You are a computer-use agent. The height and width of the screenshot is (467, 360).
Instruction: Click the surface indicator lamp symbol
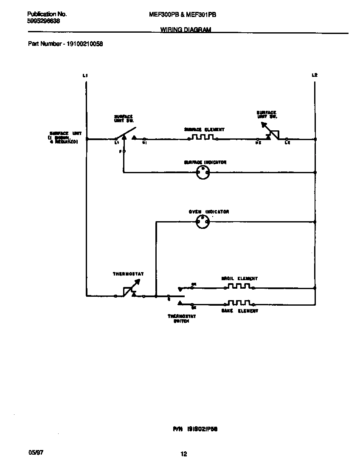pos(202,172)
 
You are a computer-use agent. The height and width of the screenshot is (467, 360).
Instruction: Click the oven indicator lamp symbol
pos(202,221)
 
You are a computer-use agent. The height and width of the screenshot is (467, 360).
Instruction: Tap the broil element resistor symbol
pos(239,287)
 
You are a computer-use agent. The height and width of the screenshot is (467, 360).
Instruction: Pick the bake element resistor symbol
pos(239,303)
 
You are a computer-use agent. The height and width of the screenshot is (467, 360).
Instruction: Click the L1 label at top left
pos(85,75)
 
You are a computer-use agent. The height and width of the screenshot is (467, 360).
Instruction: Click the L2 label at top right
pos(314,75)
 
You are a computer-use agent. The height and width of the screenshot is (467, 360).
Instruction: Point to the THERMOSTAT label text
pos(128,274)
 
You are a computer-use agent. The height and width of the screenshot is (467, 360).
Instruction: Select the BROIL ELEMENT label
pos(239,279)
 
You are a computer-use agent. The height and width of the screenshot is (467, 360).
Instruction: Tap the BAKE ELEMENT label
pos(239,311)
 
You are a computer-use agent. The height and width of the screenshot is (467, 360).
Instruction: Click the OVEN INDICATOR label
pos(209,211)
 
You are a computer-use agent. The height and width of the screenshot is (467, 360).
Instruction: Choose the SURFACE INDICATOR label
pos(205,162)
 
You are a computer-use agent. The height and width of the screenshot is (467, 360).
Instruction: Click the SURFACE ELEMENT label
pos(204,129)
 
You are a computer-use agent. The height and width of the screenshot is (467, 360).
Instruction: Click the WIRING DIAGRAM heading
pos(186,30)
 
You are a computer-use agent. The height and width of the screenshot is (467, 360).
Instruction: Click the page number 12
pos(183,454)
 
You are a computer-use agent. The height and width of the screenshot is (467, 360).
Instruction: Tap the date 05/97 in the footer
pos(36,453)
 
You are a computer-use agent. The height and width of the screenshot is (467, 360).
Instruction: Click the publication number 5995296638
pos(43,21)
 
